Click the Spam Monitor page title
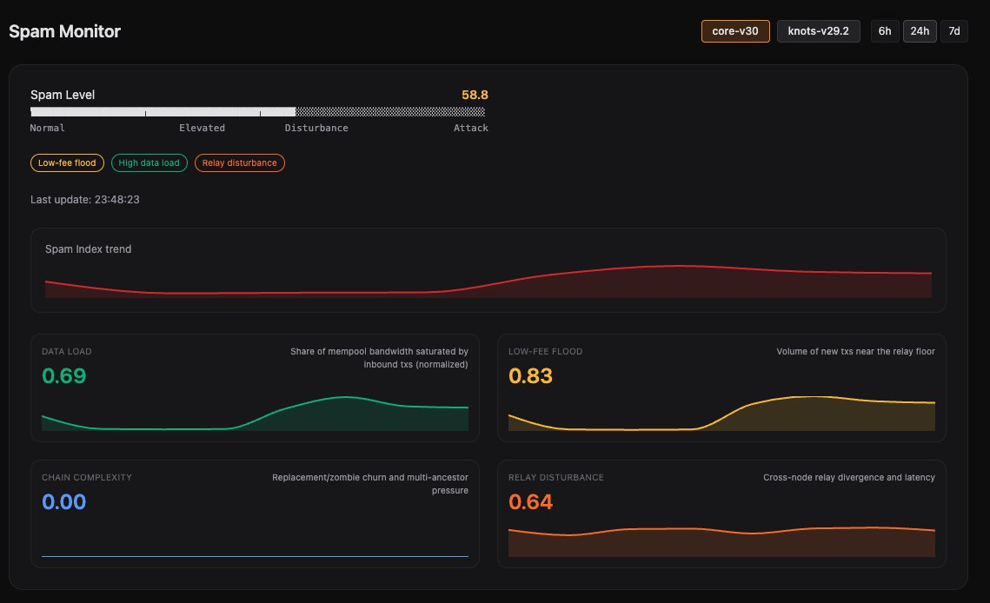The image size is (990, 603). point(64,31)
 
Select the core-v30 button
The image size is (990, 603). point(735,31)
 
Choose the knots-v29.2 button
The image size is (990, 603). point(818,31)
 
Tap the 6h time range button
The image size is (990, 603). point(885,31)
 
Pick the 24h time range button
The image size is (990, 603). point(920,31)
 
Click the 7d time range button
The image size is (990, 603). point(953,31)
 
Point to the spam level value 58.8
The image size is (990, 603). point(474,95)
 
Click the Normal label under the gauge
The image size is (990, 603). point(47,128)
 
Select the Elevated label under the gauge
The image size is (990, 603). point(202,128)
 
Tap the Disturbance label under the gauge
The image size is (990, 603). point(316,128)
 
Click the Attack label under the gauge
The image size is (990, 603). point(470,128)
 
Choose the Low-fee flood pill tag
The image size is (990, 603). point(67,162)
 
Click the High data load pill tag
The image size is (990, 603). point(149,162)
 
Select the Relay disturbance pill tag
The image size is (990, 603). point(239,162)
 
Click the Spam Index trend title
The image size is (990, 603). point(88,248)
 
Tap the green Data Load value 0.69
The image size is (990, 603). point(64,376)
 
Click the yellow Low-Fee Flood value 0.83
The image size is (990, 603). point(530,376)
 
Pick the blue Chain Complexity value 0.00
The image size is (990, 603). point(64,501)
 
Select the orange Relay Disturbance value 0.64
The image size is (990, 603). point(530,501)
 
